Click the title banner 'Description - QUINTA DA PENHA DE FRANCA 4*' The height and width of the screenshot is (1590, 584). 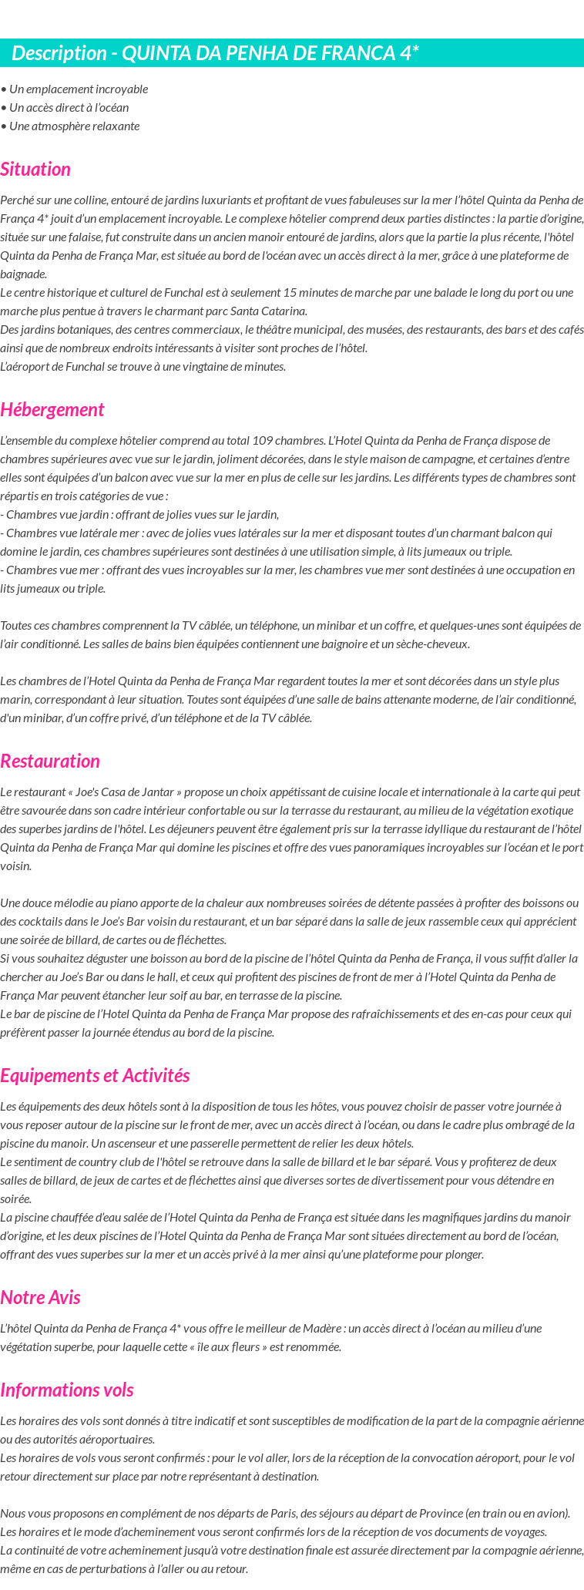[216, 53]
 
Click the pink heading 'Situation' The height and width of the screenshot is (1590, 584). [35, 169]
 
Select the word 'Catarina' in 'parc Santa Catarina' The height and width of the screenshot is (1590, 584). [285, 311]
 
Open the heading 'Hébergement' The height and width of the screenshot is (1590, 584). [52, 409]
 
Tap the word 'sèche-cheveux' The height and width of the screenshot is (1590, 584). [434, 644]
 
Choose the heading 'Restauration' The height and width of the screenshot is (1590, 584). [50, 761]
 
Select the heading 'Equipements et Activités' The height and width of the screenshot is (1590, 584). [95, 1075]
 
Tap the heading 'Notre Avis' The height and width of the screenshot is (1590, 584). [40, 1297]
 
